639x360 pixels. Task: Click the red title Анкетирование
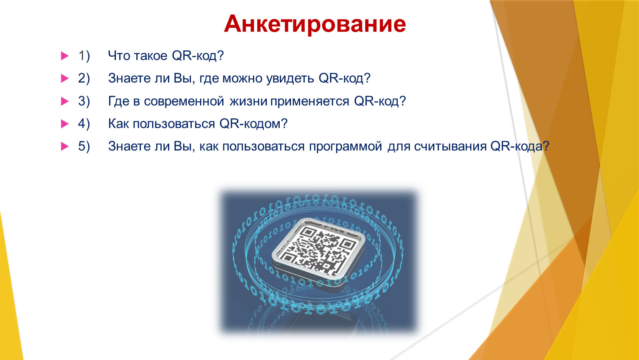315,24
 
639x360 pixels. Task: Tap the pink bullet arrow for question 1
65,56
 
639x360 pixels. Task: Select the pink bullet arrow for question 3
65,101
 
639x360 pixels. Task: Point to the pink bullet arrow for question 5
65,147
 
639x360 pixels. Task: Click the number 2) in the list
84,78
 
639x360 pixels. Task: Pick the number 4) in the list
84,124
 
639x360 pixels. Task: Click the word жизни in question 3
248,102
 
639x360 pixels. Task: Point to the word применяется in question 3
310,102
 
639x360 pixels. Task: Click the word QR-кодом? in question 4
253,124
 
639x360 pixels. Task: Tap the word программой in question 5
346,147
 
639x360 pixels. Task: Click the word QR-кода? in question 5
520,147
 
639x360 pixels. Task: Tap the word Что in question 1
119,56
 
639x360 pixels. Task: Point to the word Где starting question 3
119,101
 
